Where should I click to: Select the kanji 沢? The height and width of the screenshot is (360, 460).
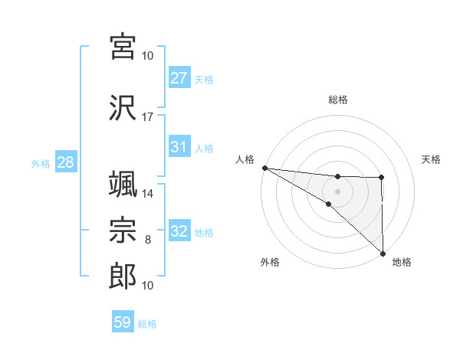pos(123,106)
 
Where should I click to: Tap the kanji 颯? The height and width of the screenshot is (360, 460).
pos(123,184)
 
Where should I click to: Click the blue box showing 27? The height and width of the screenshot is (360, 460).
pos(179,78)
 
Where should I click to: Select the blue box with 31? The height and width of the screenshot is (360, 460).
pos(179,147)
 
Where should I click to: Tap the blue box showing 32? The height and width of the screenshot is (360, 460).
pos(179,231)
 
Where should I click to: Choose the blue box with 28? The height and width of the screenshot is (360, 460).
pos(65,163)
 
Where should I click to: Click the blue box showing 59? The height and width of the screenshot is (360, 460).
pos(123,322)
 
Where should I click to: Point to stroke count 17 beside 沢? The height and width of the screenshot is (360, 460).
pos(148,117)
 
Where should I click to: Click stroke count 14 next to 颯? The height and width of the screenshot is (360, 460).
pos(148,194)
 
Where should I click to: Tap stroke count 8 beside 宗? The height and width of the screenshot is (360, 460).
pos(148,240)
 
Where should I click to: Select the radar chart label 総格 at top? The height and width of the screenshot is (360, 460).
pos(338,100)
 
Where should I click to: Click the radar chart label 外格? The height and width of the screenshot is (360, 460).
pos(270,262)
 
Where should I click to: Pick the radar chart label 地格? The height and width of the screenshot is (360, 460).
pos(402,262)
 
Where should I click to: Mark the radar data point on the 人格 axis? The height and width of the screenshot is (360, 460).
pos(264,168)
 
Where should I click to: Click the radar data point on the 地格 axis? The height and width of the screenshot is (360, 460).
pos(382,253)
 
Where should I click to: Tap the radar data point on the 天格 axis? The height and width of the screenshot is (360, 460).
pos(382,178)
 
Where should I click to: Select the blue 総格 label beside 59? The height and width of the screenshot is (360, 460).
pos(147,324)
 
